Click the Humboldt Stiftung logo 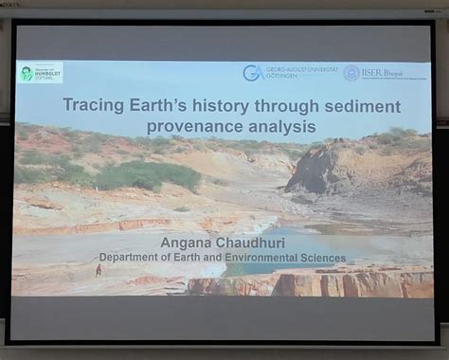pyautogui.click(x=40, y=72)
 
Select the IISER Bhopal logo pyautogui.click(x=384, y=73)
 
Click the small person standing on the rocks pyautogui.click(x=98, y=270)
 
